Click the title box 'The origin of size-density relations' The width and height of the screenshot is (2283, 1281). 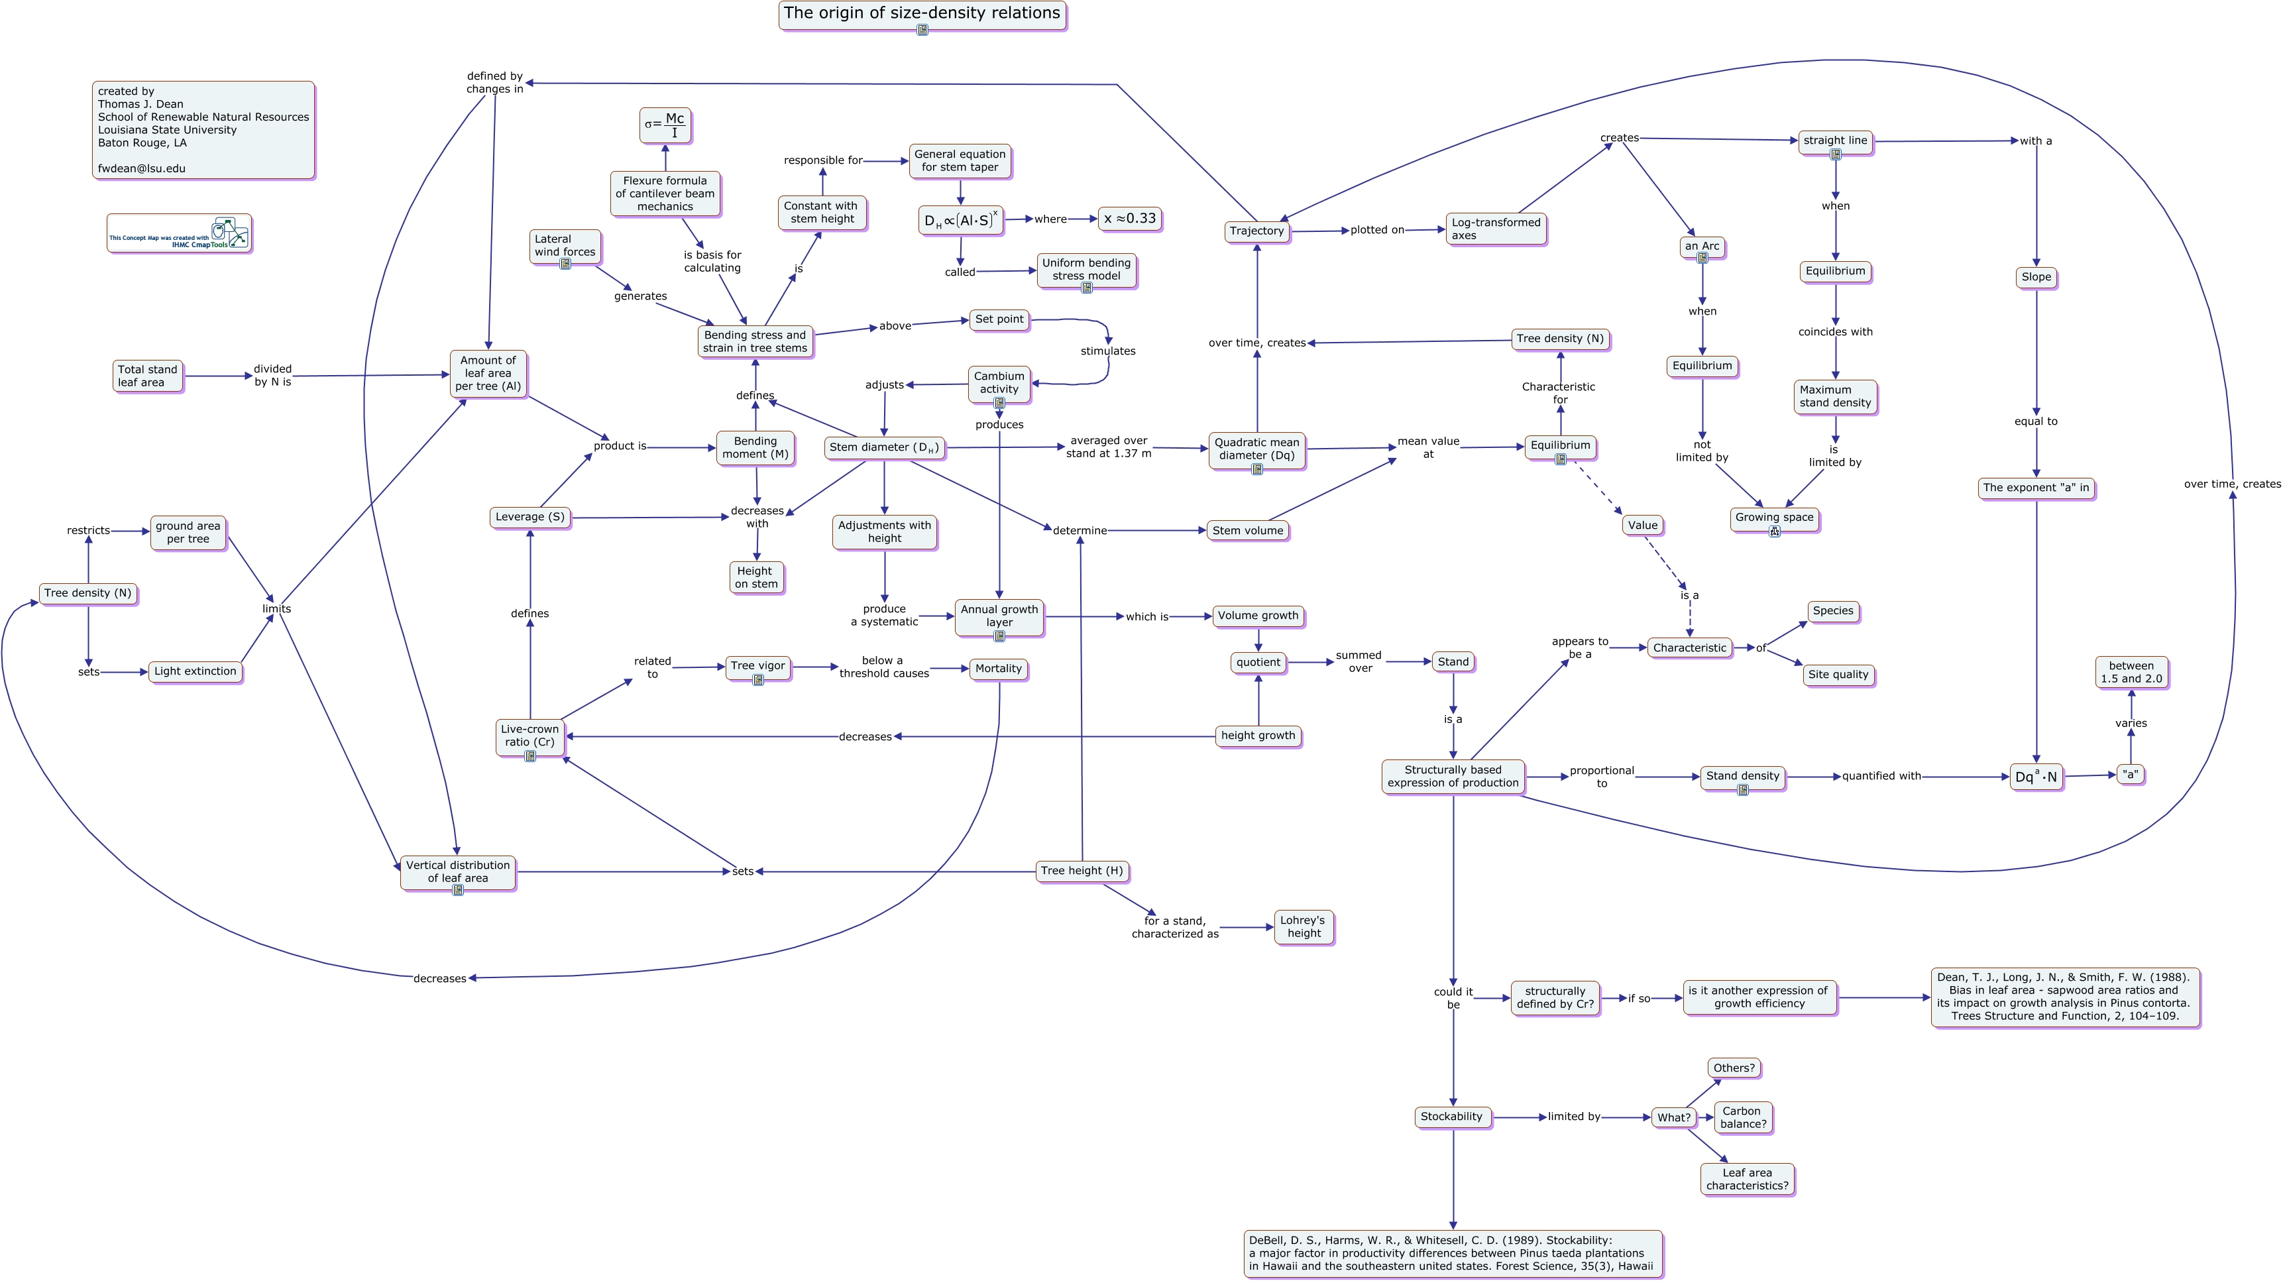click(922, 14)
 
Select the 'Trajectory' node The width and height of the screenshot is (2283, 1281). click(1256, 231)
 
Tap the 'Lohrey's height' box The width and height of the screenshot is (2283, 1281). click(1303, 927)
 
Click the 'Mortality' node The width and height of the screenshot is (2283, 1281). click(998, 669)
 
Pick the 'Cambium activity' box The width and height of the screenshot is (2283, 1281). click(999, 383)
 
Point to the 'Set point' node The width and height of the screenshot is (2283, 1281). click(999, 319)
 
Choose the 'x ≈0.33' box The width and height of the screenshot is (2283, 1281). click(1129, 219)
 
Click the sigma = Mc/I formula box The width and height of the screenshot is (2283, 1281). click(665, 125)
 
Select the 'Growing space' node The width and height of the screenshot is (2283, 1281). click(1773, 519)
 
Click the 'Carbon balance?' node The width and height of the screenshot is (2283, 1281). click(1742, 1118)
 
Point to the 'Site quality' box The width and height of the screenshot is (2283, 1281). click(1838, 675)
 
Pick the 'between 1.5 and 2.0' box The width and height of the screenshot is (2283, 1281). click(2131, 673)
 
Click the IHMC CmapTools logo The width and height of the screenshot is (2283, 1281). click(179, 233)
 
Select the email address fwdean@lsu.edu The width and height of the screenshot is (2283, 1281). click(142, 168)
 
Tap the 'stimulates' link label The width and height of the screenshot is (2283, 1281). click(1108, 351)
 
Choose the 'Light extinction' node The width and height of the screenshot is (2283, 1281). click(195, 672)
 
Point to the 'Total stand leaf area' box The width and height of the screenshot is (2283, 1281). click(148, 376)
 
